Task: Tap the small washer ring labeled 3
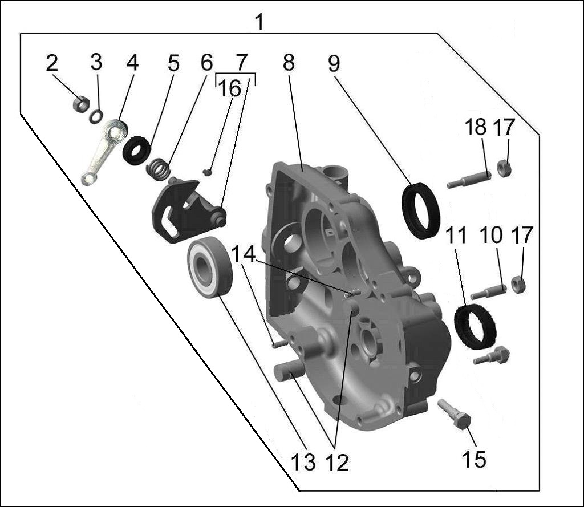coord(96,116)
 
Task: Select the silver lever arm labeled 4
coord(104,152)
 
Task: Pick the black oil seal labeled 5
coord(137,151)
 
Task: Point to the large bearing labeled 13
coord(210,267)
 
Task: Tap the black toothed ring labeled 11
coord(475,327)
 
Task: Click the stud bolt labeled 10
coord(489,291)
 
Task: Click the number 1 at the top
coord(259,22)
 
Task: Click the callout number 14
coord(244,255)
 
